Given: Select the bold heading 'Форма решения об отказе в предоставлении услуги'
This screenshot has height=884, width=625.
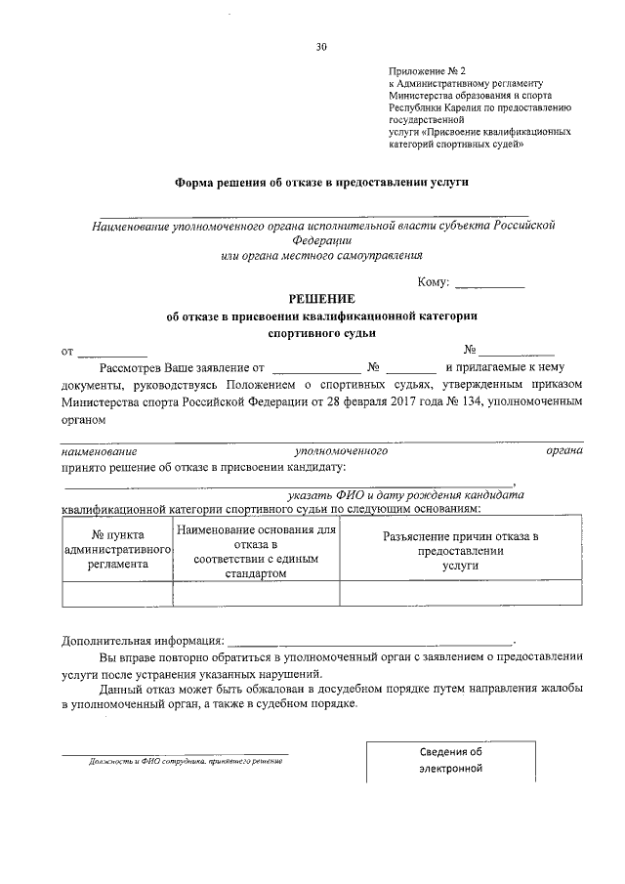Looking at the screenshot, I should pos(321,182).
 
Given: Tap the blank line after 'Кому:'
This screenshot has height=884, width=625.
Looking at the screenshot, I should pos(490,284).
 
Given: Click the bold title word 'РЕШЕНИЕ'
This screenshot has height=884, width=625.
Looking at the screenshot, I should pos(321,299).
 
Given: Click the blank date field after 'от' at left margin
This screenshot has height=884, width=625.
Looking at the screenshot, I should pos(112,352).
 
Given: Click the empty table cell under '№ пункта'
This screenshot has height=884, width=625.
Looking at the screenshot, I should pos(117,593).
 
